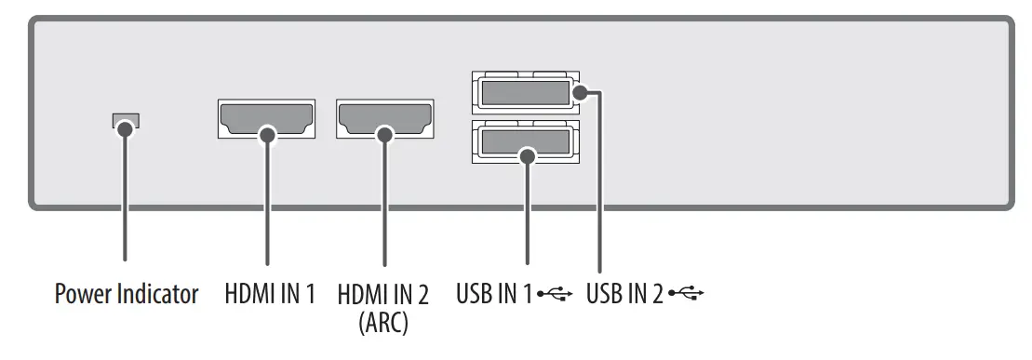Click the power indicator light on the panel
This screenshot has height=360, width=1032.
[125, 120]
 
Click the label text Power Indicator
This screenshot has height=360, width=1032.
[127, 296]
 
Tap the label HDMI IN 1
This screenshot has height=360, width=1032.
[270, 296]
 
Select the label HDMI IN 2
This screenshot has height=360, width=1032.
[384, 296]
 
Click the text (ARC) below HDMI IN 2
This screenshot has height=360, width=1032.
[384, 325]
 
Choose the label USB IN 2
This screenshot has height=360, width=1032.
[624, 296]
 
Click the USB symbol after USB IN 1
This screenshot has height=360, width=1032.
[557, 296]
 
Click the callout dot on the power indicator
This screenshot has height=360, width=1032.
[125, 129]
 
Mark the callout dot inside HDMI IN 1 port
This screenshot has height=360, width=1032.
[267, 135]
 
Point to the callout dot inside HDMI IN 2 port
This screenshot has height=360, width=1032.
[384, 135]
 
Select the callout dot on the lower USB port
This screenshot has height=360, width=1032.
[528, 155]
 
